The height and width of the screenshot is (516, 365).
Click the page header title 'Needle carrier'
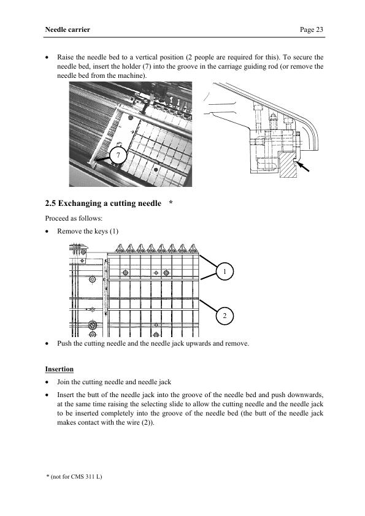point(67,29)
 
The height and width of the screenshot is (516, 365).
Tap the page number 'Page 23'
point(311,29)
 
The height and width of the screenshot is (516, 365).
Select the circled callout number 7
point(118,155)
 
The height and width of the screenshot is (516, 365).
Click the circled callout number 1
point(225,271)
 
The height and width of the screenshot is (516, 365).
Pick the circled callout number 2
point(225,316)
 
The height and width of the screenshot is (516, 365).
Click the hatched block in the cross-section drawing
point(288,164)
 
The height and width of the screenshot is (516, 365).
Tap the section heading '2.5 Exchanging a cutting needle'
point(103,203)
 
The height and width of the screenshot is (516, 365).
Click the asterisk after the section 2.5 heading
point(171,202)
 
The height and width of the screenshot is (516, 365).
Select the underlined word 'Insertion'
point(60,369)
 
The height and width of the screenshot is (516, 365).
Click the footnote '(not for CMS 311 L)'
point(77,477)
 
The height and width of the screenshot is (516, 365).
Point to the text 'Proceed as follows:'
point(74,218)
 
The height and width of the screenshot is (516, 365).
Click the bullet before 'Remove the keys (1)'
point(47,232)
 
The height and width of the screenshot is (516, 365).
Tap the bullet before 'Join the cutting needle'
point(47,382)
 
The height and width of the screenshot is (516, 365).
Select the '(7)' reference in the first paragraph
point(147,66)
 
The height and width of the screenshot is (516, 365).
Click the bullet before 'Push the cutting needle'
point(47,344)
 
